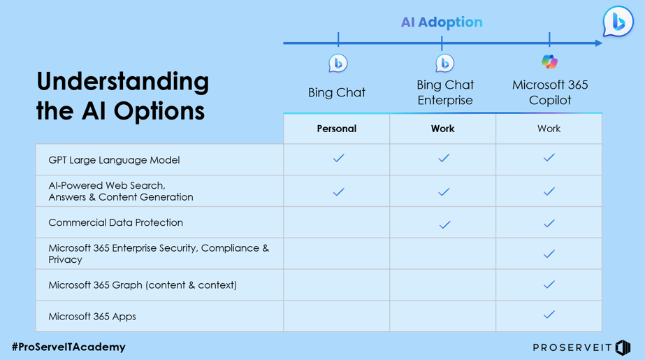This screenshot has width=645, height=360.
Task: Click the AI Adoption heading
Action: tap(442, 22)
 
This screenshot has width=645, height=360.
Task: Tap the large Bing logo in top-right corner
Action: tap(618, 22)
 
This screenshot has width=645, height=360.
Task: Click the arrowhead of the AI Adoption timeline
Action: tap(597, 43)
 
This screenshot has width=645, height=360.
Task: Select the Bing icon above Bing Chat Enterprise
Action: tap(444, 63)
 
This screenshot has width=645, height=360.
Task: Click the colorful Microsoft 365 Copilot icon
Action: tap(549, 62)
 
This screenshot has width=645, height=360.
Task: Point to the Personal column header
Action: tap(337, 129)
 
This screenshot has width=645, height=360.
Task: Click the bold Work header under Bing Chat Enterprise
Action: tap(442, 129)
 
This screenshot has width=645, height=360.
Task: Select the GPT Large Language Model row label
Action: tap(114, 160)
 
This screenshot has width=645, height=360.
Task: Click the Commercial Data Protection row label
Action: tap(115, 222)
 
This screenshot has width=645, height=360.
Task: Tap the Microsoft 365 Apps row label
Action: tap(92, 317)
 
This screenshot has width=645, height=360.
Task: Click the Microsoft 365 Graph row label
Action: tap(142, 285)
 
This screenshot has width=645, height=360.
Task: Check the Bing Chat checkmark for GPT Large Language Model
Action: tap(338, 158)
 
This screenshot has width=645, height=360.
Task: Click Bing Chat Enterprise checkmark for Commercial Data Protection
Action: tap(444, 224)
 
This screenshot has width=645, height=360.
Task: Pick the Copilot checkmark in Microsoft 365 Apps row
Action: tap(549, 315)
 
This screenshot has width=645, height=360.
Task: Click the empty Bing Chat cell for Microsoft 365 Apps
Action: tap(337, 317)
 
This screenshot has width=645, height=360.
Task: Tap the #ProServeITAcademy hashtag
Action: tap(68, 347)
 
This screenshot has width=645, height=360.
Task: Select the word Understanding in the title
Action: tap(122, 81)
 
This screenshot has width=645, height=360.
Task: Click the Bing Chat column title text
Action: tap(337, 92)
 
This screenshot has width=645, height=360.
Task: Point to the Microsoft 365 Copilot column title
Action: tap(550, 92)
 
